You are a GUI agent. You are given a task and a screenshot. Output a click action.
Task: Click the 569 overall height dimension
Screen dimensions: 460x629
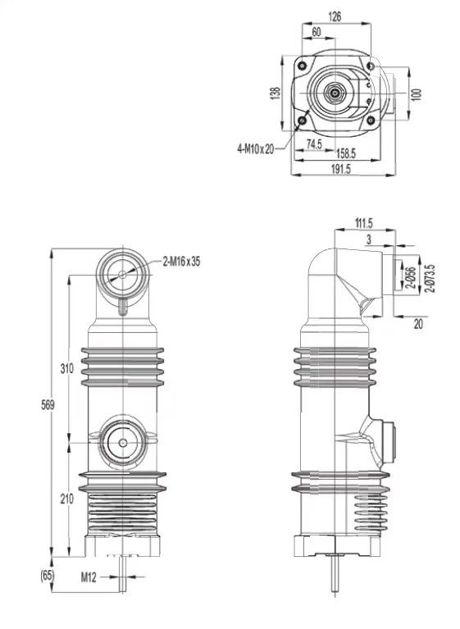tap(48, 405)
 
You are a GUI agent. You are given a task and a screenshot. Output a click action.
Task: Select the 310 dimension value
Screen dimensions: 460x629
tap(66, 368)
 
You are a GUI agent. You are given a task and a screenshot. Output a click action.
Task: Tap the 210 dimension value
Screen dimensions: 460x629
tap(66, 499)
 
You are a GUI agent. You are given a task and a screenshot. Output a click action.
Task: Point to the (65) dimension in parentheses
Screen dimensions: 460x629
tap(47, 576)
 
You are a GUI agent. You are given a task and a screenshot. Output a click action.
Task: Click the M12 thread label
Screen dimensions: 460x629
tap(89, 577)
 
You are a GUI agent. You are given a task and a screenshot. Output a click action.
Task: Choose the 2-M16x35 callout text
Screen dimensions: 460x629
tap(182, 262)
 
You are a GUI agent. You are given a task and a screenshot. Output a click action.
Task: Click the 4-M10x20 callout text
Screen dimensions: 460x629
tap(256, 149)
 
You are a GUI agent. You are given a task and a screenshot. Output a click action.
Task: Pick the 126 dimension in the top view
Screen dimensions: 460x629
tap(335, 16)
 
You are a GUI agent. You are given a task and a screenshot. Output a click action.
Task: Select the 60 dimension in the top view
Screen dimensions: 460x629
tap(317, 32)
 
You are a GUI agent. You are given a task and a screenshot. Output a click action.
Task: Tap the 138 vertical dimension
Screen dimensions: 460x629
tap(276, 93)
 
